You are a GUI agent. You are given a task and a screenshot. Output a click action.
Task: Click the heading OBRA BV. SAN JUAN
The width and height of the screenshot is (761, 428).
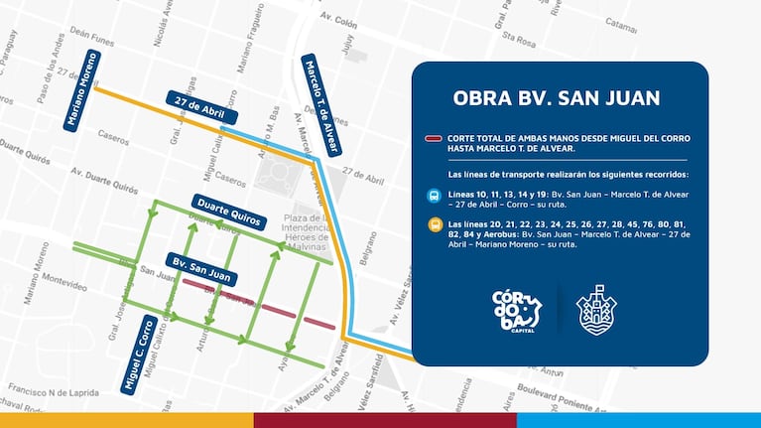tap(556, 98)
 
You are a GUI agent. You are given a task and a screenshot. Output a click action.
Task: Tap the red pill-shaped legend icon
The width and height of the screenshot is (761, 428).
tap(434, 138)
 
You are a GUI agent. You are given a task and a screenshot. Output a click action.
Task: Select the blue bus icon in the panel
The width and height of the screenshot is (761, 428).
tap(435, 196)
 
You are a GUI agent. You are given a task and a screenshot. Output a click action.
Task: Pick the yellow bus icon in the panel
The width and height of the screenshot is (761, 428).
tap(435, 225)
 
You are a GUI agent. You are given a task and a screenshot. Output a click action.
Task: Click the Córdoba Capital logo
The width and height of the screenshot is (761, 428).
tap(518, 309)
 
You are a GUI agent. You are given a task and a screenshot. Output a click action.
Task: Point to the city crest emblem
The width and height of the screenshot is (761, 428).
tap(596, 309)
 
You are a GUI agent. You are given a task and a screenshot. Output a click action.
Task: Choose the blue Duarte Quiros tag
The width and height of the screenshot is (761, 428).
tap(229, 212)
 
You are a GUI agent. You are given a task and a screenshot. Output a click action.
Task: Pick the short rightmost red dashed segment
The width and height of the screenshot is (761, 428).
tap(319, 323)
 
